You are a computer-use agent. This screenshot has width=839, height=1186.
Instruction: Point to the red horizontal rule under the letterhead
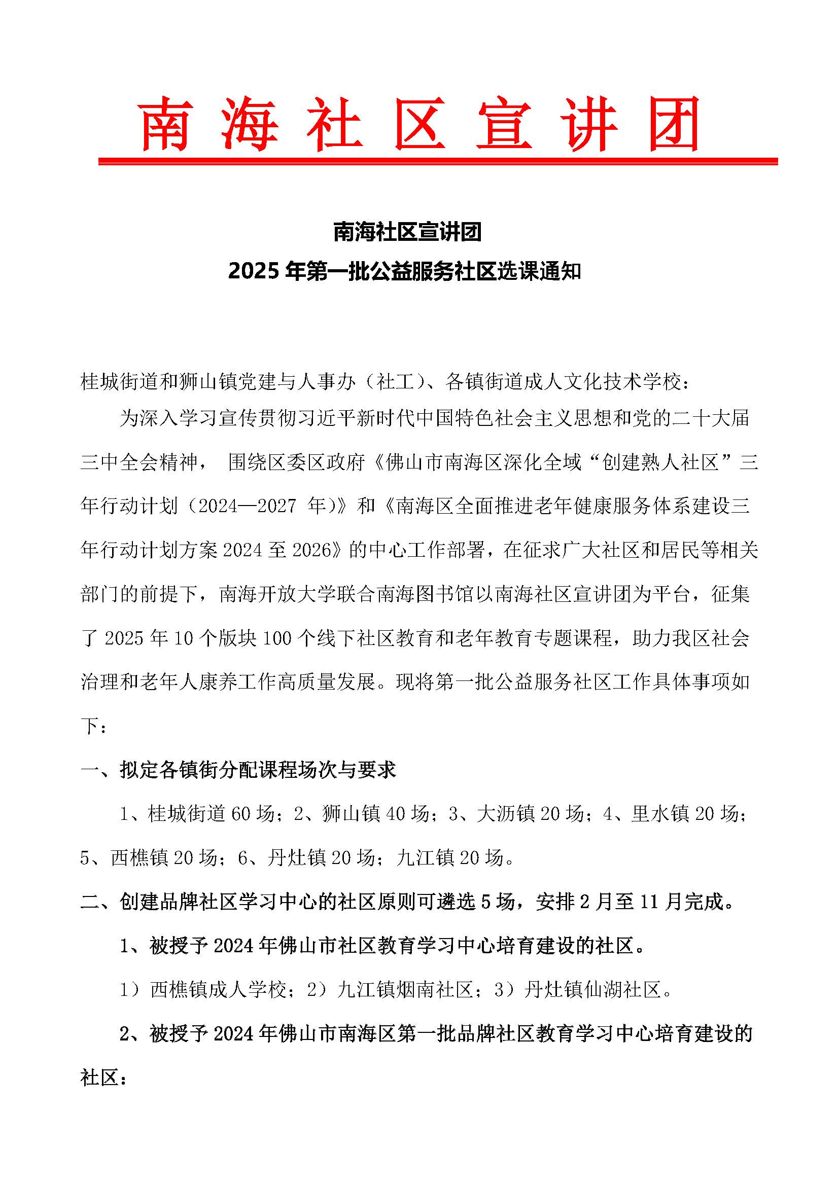[x=438, y=162]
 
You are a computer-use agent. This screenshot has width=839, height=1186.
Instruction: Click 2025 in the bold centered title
[x=255, y=271]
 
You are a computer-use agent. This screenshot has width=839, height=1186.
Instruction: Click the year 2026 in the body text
[x=311, y=550]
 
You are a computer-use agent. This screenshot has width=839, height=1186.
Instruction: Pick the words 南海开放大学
[x=269, y=594]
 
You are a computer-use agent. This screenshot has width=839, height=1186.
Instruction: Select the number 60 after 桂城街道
[x=241, y=814]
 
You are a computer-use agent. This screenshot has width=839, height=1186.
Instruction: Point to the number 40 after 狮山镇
[x=395, y=814]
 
